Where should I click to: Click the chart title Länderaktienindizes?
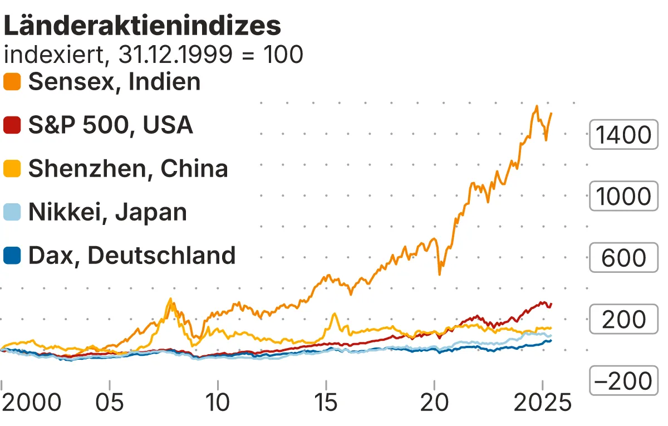tap(142, 26)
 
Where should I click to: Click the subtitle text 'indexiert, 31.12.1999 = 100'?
tap(153, 55)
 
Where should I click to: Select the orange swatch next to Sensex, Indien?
tap(12, 82)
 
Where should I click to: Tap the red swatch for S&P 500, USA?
tap(12, 125)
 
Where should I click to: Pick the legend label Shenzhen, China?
tap(128, 168)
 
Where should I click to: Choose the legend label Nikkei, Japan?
tap(107, 212)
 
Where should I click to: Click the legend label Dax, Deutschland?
tap(132, 255)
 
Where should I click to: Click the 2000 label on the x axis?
tap(31, 403)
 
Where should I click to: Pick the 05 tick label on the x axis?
tap(110, 403)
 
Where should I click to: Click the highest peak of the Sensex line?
tap(536, 106)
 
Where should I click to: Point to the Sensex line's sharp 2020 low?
tap(440, 274)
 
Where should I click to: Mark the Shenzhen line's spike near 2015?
tap(334, 314)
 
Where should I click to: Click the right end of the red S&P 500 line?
tap(551, 304)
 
